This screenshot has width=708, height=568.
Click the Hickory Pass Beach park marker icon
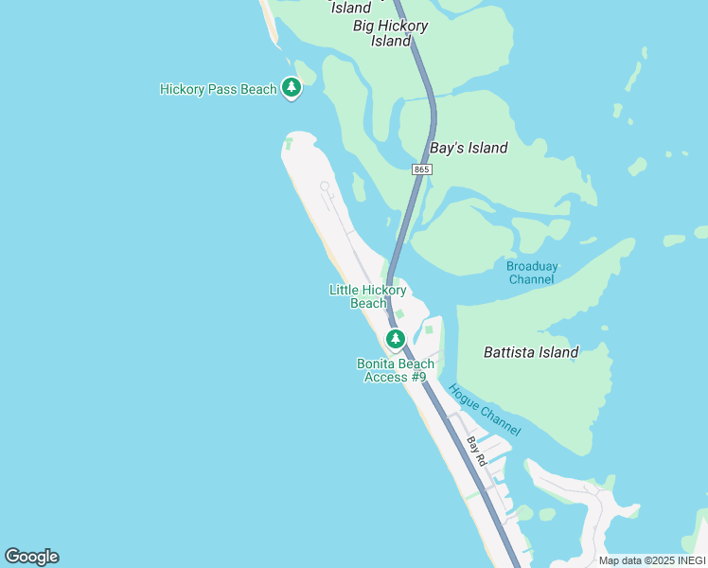[x=292, y=88]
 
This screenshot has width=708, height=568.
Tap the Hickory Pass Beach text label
[x=218, y=90]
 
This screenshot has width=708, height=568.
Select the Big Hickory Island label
[x=390, y=33]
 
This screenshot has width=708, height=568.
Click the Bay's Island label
[x=469, y=148]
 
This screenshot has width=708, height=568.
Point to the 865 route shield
[x=422, y=169]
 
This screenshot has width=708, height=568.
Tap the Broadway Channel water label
[x=532, y=273]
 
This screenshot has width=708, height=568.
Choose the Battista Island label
[x=530, y=352]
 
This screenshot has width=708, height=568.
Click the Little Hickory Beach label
[x=368, y=296]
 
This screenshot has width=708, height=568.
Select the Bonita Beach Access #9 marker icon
[x=396, y=338]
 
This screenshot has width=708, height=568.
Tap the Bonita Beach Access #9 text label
[x=396, y=370]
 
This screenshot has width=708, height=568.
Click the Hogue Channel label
[x=484, y=409]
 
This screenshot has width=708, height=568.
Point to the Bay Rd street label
[x=476, y=451]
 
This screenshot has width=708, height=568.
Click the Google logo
[x=31, y=557]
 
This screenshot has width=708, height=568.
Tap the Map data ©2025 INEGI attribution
[x=651, y=560]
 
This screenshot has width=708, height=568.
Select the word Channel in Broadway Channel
[x=532, y=279]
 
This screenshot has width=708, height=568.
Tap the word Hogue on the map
[x=464, y=397]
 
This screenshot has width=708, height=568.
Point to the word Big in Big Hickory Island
[x=364, y=26]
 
